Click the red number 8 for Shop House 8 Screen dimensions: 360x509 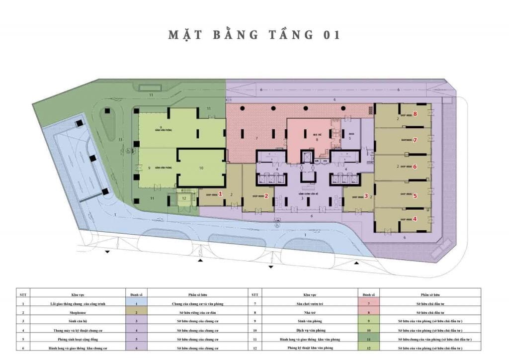coord(415,114)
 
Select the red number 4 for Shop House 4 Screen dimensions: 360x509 coord(415,218)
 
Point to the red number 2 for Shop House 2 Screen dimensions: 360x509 coord(266,196)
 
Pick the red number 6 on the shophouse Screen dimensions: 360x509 coord(415,167)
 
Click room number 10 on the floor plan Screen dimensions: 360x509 coord(201,168)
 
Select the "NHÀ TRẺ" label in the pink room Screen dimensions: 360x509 coord(316,134)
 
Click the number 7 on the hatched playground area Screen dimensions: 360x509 coord(256,138)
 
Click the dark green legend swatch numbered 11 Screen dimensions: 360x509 coord(369,338)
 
